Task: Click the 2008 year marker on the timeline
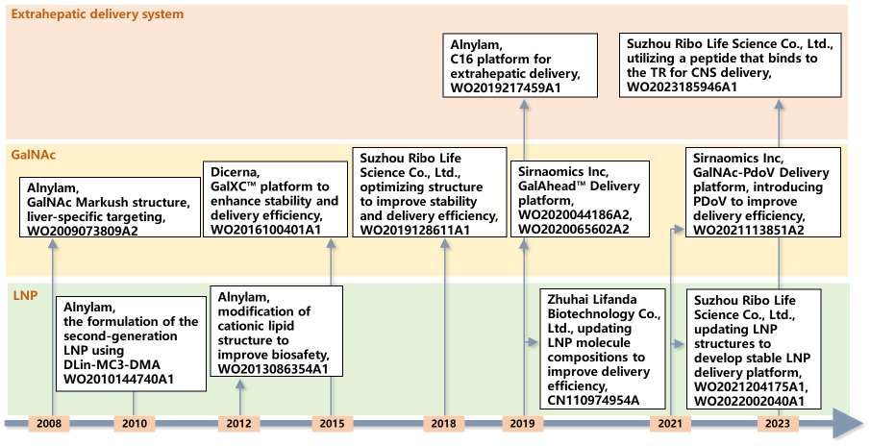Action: click(x=49, y=423)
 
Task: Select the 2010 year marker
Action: click(x=135, y=423)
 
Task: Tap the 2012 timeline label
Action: click(x=239, y=423)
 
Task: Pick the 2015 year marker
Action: click(x=332, y=423)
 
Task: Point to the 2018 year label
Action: click(x=444, y=423)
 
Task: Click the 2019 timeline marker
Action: click(x=523, y=423)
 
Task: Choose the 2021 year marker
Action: click(x=670, y=423)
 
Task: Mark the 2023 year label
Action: click(x=778, y=423)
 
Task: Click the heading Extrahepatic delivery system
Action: click(x=97, y=13)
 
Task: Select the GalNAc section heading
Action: click(x=34, y=155)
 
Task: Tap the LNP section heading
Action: click(x=25, y=296)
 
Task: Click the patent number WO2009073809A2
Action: click(x=83, y=231)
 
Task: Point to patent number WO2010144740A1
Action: click(x=119, y=380)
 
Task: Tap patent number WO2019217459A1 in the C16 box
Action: click(x=506, y=87)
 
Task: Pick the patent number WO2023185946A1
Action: click(x=682, y=87)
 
